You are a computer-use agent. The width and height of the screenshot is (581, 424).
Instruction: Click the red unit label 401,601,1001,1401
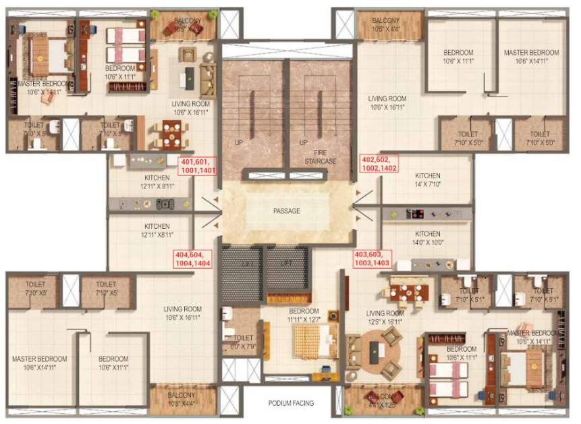tap(198, 167)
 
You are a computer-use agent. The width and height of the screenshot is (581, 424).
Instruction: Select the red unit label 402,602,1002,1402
tap(380, 164)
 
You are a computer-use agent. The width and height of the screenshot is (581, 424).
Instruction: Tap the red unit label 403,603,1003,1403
tap(372, 259)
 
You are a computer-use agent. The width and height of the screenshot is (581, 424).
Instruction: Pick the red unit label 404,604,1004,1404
tap(192, 259)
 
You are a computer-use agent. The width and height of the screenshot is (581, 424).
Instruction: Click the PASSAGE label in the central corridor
tap(286, 211)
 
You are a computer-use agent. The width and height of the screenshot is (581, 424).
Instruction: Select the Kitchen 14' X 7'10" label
tap(427, 180)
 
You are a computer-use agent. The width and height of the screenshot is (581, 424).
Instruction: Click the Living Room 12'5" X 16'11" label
tap(385, 317)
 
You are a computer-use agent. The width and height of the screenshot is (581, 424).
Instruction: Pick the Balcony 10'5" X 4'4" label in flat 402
tap(385, 25)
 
